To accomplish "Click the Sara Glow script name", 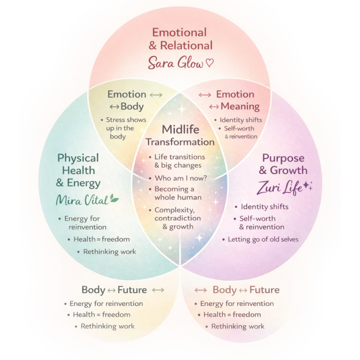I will pyautogui.click(x=175, y=63).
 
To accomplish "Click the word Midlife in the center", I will pyautogui.click(x=180, y=129).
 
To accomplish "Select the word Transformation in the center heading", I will pyautogui.click(x=180, y=142).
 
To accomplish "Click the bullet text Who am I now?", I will pyautogui.click(x=179, y=178).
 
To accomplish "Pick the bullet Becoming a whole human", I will pyautogui.click(x=176, y=193).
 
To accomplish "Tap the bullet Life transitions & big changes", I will pyautogui.click(x=178, y=161).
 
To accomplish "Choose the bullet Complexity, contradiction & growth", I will pyautogui.click(x=178, y=218).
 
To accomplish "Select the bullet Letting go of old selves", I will pyautogui.click(x=263, y=239).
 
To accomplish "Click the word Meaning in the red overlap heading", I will pyautogui.click(x=240, y=106).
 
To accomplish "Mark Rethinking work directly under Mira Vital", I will pyautogui.click(x=109, y=252).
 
